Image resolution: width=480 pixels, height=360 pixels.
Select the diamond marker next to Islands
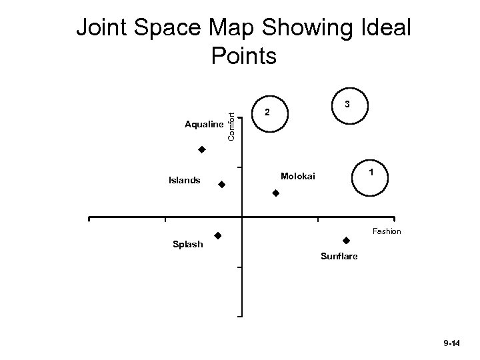point(222,184)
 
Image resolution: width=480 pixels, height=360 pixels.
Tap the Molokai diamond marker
point(275,193)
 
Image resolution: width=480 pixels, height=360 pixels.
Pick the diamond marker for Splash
point(217,235)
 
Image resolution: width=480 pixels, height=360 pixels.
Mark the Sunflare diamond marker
point(346,240)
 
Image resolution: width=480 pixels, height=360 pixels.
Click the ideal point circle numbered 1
point(370,177)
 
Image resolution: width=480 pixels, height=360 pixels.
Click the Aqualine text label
point(204,125)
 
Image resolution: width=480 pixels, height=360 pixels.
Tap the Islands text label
point(185,179)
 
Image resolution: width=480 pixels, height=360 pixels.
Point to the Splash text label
point(187,245)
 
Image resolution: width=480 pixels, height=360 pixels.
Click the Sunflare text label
point(339,256)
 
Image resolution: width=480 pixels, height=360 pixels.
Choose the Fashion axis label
point(387,231)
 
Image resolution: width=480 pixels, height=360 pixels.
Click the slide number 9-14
point(451,343)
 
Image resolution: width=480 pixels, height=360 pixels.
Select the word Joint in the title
point(105,29)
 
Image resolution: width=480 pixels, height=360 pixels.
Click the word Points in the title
point(243,56)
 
